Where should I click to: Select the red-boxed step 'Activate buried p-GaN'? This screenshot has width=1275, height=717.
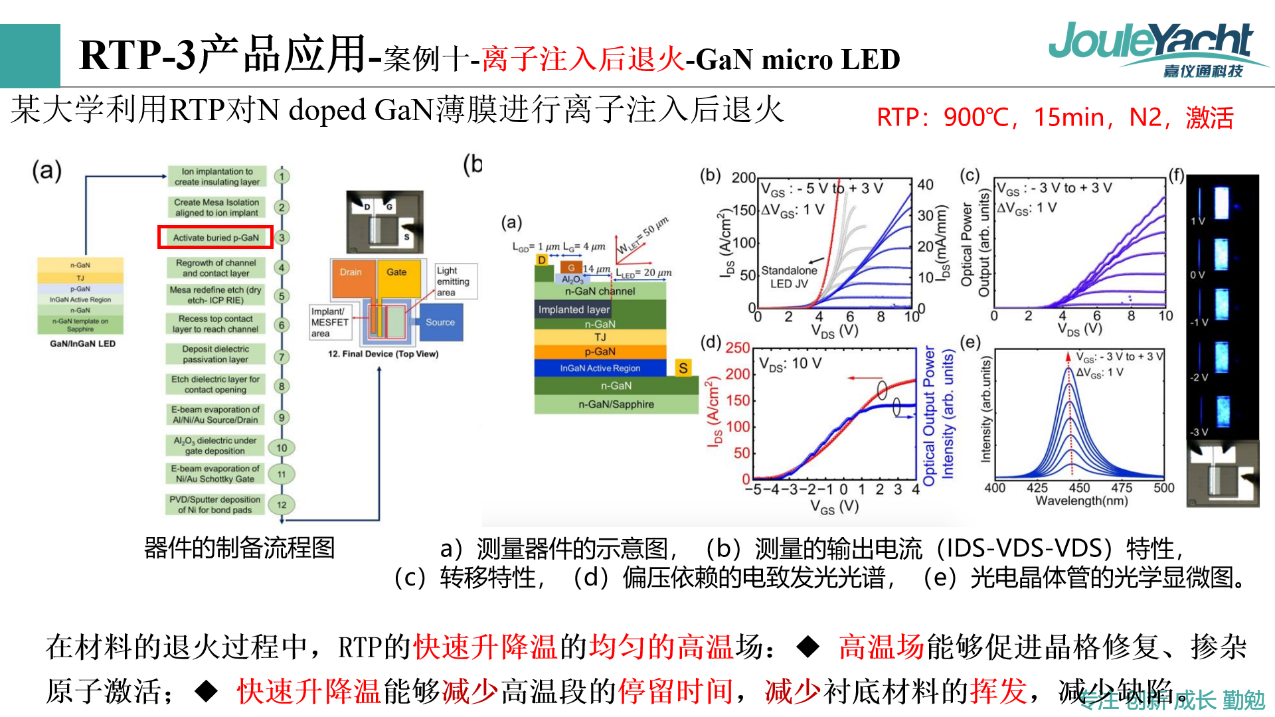coord(215,238)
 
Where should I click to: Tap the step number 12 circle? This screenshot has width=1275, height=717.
coord(282,505)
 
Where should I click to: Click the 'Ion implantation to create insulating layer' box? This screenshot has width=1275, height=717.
coord(216,177)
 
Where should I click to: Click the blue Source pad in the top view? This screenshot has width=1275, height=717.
coord(440,323)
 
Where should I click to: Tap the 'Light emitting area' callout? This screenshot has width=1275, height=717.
coord(454,281)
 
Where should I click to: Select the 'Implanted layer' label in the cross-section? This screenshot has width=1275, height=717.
coord(574,309)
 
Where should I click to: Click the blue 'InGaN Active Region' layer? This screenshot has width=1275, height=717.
coord(600,368)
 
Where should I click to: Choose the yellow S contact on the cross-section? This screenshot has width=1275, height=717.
coord(683,368)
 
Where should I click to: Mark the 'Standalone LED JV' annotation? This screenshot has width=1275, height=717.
coord(789,277)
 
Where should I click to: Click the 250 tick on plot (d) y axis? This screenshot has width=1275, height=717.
coord(737,348)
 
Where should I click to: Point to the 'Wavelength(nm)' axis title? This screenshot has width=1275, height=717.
coord(1081,501)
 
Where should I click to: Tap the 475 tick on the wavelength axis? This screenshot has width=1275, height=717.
coord(1122,488)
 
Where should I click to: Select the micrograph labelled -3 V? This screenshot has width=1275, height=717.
coord(1221,412)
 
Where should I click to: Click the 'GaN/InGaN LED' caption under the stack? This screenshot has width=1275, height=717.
coord(82,344)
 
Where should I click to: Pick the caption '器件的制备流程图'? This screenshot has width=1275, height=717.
coord(239,548)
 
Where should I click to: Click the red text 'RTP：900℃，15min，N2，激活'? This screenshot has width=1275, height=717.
coord(1055,118)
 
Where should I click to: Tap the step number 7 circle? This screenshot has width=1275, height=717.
coord(282,357)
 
